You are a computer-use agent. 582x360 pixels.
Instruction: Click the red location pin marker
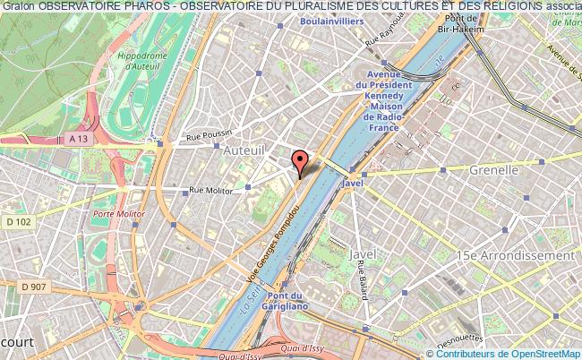299,162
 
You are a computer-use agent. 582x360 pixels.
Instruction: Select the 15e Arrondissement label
514,255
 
